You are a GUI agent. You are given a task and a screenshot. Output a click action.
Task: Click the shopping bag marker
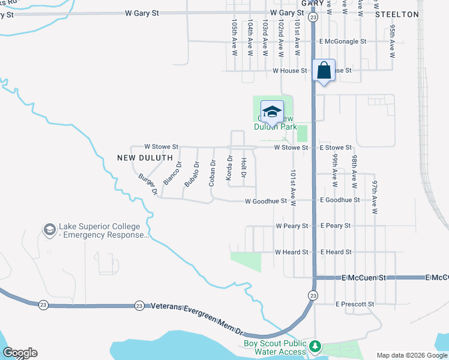pyautogui.click(x=324, y=71)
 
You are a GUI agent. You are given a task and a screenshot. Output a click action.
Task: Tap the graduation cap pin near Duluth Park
pyautogui.click(x=272, y=112)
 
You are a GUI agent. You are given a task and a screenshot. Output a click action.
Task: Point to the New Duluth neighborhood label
pyautogui.click(x=142, y=157)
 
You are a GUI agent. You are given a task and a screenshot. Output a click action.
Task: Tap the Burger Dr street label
pyautogui.click(x=148, y=184)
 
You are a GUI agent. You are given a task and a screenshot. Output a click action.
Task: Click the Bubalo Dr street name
pyautogui.click(x=191, y=174)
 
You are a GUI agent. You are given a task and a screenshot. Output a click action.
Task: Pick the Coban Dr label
pyautogui.click(x=212, y=173)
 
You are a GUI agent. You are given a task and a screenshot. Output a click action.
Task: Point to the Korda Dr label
pyautogui.click(x=229, y=167)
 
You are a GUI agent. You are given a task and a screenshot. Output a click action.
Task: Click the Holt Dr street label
pyautogui.click(x=243, y=168)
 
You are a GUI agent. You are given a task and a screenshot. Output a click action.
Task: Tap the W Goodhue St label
pyautogui.click(x=266, y=201)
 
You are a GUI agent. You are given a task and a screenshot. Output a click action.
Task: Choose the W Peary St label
pyautogui.click(x=292, y=226)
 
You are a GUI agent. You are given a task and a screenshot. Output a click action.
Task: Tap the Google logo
pyautogui.click(x=20, y=353)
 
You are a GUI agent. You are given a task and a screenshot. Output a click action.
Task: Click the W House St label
pyautogui.click(x=289, y=70)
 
